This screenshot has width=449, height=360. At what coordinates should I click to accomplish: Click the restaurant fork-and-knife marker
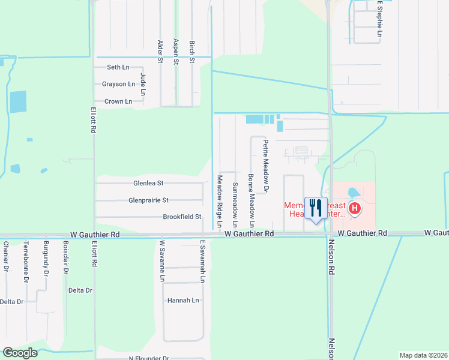(316, 208)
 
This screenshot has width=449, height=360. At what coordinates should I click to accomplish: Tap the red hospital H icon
(355, 209)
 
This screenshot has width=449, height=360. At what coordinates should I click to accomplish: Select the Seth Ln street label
(118, 67)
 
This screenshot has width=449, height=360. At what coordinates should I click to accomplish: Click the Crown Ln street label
(118, 101)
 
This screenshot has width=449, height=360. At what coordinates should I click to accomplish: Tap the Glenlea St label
(148, 183)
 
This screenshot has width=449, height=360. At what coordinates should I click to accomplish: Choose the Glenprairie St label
(148, 200)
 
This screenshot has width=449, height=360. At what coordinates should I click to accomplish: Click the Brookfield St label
(182, 217)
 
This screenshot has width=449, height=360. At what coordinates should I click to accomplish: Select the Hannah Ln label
(183, 300)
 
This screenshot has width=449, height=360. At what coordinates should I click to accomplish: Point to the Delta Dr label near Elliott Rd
(80, 290)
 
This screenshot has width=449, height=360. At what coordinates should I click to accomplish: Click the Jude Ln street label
(143, 84)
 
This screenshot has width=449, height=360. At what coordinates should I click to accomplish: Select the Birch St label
(192, 52)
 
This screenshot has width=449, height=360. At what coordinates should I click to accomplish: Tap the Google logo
(20, 353)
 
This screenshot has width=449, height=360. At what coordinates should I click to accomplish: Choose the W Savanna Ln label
(161, 261)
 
